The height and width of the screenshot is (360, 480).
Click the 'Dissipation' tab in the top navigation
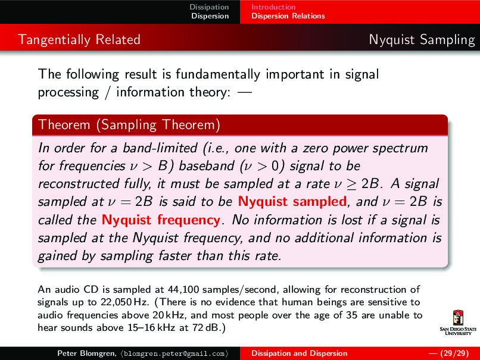209,7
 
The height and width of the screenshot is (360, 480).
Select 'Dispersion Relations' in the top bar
288,16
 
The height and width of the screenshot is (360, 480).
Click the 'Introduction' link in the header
273,7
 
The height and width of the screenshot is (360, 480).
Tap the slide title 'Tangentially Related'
79,40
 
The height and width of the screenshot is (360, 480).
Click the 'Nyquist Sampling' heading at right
421,40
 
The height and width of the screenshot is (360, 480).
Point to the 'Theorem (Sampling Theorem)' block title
129,125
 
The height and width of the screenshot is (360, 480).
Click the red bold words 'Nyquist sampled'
292,201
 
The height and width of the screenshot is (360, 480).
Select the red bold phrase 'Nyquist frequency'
161,220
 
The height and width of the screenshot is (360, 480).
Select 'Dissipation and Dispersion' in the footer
299,353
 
